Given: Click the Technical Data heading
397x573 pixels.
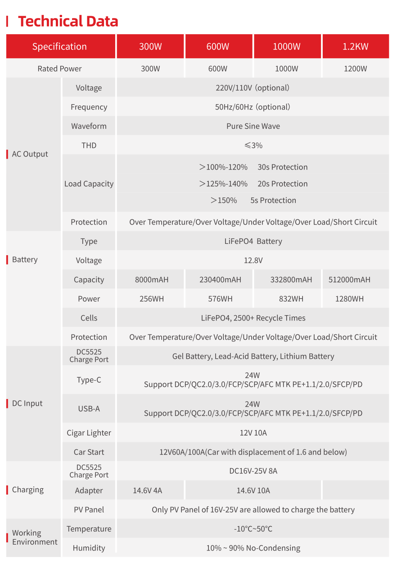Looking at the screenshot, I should click(x=68, y=21).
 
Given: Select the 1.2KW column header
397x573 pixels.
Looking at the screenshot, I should click(x=355, y=46).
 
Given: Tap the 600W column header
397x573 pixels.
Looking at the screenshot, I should click(x=218, y=46).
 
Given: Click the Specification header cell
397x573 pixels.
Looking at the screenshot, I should click(x=59, y=46).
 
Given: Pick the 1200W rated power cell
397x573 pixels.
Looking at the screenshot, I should click(x=355, y=69).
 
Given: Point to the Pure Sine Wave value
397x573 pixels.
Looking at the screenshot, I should click(x=253, y=126).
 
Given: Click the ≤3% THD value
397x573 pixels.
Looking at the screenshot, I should click(x=253, y=145).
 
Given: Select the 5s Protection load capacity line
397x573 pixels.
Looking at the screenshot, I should click(x=253, y=200).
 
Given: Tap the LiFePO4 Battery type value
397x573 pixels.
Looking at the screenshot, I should click(x=253, y=241).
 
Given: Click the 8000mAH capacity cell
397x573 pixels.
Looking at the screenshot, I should click(x=152, y=280).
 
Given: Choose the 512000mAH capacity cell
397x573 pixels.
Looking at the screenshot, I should click(x=349, y=280).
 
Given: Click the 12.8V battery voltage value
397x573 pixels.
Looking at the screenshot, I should click(x=253, y=260).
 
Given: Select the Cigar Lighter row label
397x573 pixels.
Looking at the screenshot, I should click(x=89, y=433).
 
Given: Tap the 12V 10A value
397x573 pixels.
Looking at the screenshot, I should click(x=253, y=433).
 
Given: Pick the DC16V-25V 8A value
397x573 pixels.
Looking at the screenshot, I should click(x=253, y=471).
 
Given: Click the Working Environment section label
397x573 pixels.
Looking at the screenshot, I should click(x=35, y=537).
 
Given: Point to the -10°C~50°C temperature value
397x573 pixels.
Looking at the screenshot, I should click(x=253, y=529).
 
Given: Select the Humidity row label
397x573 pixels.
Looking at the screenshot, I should click(x=89, y=548).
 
